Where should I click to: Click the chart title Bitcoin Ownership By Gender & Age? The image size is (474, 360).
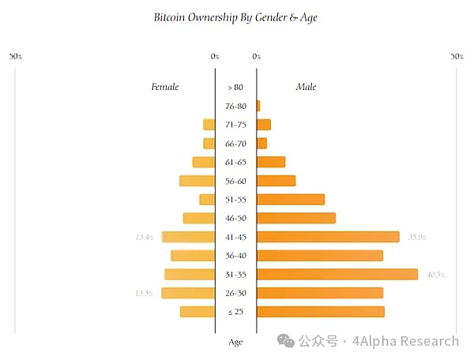pyautogui.click(x=236, y=17)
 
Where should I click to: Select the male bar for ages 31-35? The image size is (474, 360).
pyautogui.click(x=337, y=275)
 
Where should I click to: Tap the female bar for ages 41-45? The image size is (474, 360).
pyautogui.click(x=189, y=237)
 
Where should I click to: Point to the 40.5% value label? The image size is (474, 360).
pyautogui.click(x=435, y=275)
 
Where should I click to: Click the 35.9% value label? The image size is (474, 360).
pyautogui.click(x=417, y=237)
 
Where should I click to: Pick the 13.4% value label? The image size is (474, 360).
pyautogui.click(x=144, y=237)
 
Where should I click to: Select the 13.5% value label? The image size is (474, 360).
pyautogui.click(x=144, y=294)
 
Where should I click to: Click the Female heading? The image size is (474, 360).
pyautogui.click(x=165, y=87)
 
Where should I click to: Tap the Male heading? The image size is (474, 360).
pyautogui.click(x=306, y=87)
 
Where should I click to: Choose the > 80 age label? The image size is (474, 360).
pyautogui.click(x=235, y=87)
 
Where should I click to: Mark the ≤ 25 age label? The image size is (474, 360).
pyautogui.click(x=235, y=312)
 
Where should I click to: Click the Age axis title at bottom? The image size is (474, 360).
pyautogui.click(x=235, y=342)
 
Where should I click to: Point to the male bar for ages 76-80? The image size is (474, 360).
pyautogui.click(x=258, y=106)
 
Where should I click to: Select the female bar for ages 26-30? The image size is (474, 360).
pyautogui.click(x=188, y=294)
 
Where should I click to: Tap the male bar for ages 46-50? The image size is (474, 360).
pyautogui.click(x=296, y=218)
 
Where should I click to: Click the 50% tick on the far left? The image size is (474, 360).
pyautogui.click(x=15, y=57)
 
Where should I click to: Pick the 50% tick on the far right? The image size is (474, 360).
pyautogui.click(x=457, y=57)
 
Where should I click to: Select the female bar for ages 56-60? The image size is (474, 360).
pyautogui.click(x=197, y=181)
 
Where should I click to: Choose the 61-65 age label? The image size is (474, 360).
pyautogui.click(x=235, y=162)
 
